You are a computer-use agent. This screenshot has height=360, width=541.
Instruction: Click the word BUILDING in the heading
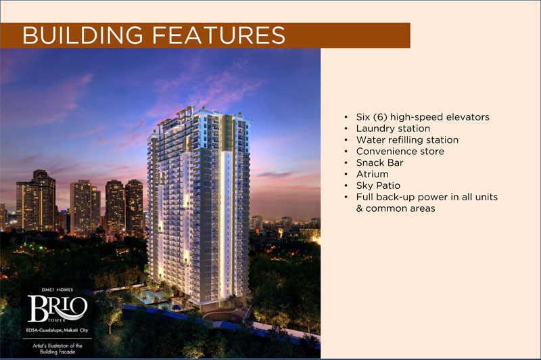click(83, 35)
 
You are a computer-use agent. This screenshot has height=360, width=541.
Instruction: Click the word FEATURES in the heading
click(218, 35)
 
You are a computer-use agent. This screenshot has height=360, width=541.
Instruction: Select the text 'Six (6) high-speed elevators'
click(423, 117)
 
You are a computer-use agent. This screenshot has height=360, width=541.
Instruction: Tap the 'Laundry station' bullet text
click(393, 129)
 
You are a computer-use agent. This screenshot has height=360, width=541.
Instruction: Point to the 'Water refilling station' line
click(407, 140)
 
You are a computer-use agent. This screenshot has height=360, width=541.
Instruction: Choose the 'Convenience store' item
click(400, 151)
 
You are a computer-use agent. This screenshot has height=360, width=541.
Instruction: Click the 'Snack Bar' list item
click(379, 162)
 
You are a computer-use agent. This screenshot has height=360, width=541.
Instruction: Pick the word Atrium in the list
click(373, 174)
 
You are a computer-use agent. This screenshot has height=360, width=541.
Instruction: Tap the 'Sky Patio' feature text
click(378, 185)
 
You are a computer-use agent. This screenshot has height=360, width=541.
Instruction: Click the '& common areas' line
click(396, 208)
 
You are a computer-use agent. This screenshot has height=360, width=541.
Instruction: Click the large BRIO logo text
click(57, 308)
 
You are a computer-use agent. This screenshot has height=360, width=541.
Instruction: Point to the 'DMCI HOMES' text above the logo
click(57, 290)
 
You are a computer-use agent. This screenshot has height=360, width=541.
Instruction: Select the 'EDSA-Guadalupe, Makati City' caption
click(57, 330)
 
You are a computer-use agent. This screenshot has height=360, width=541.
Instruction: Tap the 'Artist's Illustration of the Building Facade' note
click(57, 348)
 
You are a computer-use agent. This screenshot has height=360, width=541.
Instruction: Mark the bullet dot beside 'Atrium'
click(346, 175)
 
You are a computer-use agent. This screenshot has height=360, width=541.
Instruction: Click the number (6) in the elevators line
click(380, 117)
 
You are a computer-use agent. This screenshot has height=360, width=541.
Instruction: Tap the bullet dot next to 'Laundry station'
click(346, 129)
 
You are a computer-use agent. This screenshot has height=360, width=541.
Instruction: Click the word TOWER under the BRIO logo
click(57, 320)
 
